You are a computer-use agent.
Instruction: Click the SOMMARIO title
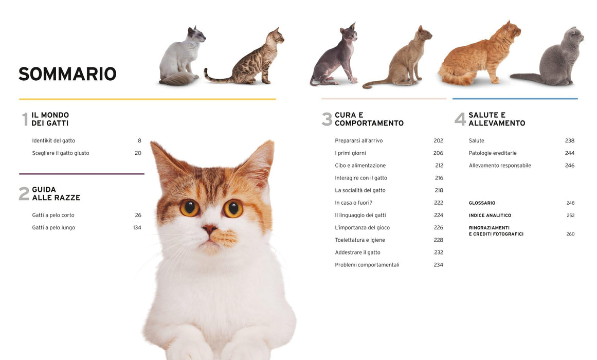click(67, 74)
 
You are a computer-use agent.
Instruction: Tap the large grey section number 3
click(327, 119)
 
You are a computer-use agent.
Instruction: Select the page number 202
click(438, 140)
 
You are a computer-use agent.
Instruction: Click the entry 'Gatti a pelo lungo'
click(53, 227)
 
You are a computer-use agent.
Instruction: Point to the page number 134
click(137, 227)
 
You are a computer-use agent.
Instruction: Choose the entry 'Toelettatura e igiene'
click(360, 240)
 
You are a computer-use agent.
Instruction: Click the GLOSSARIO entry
click(482, 203)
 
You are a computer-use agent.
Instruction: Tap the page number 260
click(570, 234)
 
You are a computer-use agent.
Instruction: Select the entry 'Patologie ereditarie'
click(493, 153)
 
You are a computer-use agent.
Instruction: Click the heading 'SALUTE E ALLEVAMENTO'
click(497, 119)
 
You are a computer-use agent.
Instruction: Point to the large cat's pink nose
click(209, 229)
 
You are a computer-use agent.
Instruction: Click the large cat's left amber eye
click(189, 208)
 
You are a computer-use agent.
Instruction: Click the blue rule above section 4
click(515, 99)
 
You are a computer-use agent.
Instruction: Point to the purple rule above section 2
click(81, 174)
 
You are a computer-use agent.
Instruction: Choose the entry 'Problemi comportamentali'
click(367, 265)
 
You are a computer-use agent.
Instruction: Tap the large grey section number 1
click(25, 119)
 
